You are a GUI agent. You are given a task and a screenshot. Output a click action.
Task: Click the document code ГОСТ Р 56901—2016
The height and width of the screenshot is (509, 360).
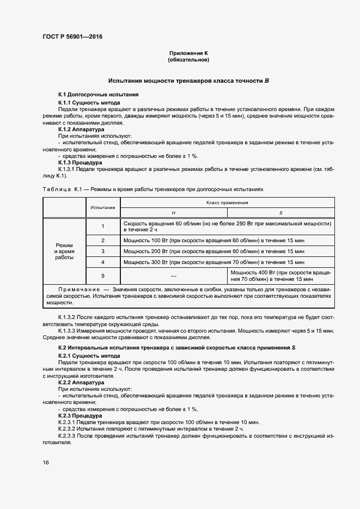72,37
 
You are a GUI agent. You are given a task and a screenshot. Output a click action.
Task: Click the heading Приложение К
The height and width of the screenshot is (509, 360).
188,53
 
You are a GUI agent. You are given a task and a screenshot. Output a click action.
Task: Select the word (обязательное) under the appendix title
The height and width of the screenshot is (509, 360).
188,59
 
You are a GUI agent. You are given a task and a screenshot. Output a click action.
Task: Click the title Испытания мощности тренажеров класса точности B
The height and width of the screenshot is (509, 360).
188,81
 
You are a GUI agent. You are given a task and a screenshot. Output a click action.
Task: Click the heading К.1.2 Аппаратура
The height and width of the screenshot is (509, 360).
81,130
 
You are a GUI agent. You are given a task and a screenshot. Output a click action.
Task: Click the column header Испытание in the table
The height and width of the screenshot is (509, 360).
102,207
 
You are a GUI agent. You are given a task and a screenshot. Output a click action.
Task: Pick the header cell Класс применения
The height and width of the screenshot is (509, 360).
227,203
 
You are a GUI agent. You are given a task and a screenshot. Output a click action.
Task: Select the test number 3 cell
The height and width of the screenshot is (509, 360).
102,251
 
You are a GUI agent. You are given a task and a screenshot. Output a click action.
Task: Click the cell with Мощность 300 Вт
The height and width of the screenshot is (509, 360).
213,262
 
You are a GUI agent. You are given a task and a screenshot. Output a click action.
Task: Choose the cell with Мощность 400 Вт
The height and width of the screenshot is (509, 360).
280,275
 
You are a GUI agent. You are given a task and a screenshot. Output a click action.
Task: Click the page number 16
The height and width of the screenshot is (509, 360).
46,462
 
